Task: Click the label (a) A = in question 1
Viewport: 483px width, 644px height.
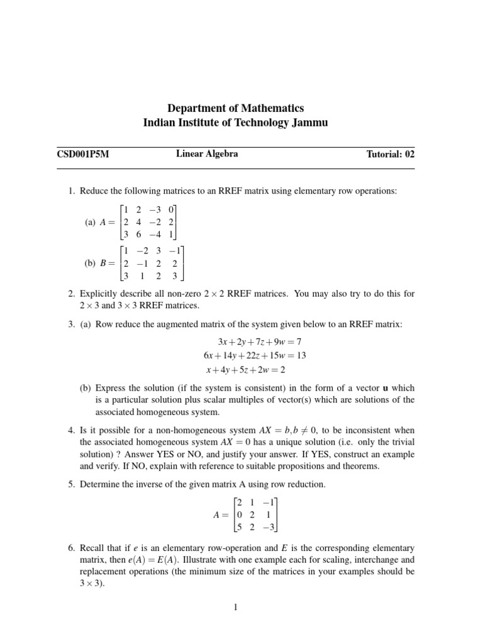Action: [x=103, y=222]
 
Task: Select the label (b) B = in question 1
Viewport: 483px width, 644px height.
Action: [x=103, y=264]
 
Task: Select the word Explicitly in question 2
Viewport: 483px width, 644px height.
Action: [x=98, y=294]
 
